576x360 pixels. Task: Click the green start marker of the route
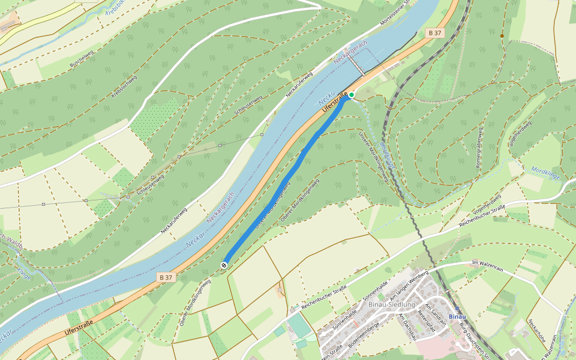pyautogui.click(x=352, y=95)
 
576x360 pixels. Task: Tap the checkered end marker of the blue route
pyautogui.click(x=224, y=265)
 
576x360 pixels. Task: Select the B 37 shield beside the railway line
pyautogui.click(x=436, y=32)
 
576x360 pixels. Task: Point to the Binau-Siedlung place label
pyautogui.click(x=392, y=304)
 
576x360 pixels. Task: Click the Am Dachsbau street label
pyautogui.click(x=408, y=327)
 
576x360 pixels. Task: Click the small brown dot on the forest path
pyautogui.click(x=502, y=36)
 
